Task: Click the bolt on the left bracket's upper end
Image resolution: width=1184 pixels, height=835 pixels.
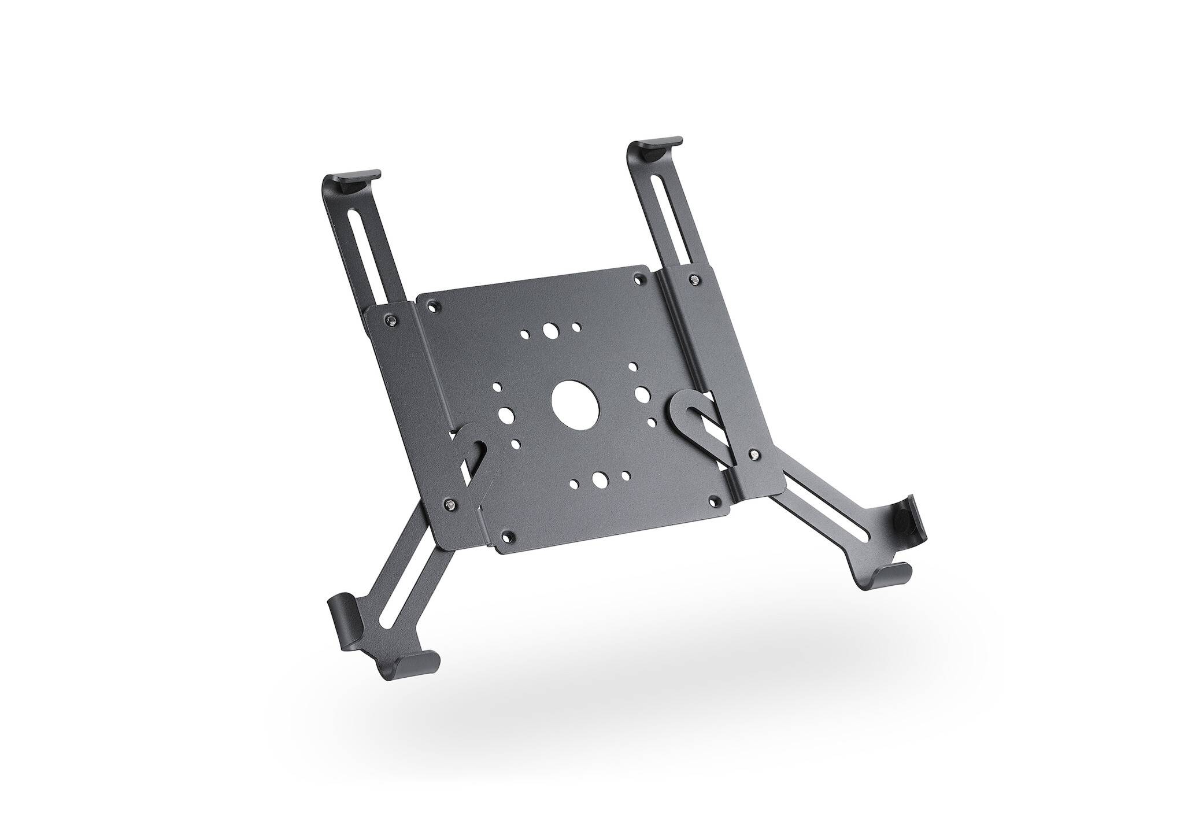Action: tap(393, 320)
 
